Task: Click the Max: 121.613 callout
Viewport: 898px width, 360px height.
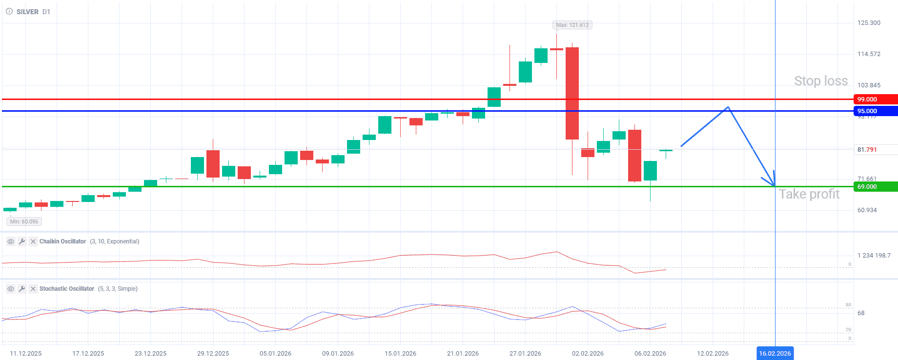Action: tap(572, 25)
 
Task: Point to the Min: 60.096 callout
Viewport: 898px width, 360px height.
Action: tap(24, 221)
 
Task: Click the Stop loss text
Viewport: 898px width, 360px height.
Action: tap(820, 81)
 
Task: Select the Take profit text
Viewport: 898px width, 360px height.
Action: tap(809, 194)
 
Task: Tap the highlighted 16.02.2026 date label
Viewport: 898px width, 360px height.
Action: tap(775, 353)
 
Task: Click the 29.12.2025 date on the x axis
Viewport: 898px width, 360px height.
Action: tap(213, 353)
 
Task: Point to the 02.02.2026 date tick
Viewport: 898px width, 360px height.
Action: tap(588, 353)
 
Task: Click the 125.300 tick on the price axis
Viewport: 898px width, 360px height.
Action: tap(869, 23)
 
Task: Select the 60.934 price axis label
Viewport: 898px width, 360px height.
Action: tap(867, 210)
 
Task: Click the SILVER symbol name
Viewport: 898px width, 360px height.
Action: tap(27, 12)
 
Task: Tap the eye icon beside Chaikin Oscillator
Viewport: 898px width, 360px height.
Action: tap(10, 241)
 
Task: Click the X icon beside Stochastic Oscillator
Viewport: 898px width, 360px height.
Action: tap(33, 289)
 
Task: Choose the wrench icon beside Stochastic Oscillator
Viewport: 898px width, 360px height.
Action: tap(22, 289)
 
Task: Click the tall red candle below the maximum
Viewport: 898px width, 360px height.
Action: tap(572, 93)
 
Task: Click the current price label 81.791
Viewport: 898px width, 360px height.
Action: tap(867, 150)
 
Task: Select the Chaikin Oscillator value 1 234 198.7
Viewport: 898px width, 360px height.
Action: tap(874, 255)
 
